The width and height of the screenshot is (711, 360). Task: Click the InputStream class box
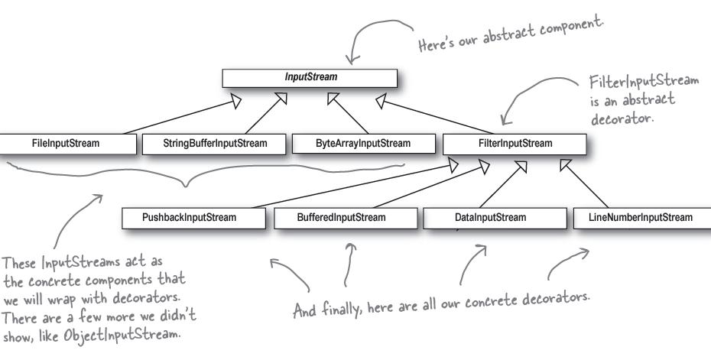[309, 77]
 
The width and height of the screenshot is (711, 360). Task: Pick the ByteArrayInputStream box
[362, 143]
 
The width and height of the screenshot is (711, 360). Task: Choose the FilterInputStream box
[514, 143]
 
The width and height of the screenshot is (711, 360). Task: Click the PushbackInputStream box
[190, 217]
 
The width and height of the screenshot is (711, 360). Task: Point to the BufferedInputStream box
[341, 217]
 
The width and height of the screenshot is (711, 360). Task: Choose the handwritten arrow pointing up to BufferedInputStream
[350, 264]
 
